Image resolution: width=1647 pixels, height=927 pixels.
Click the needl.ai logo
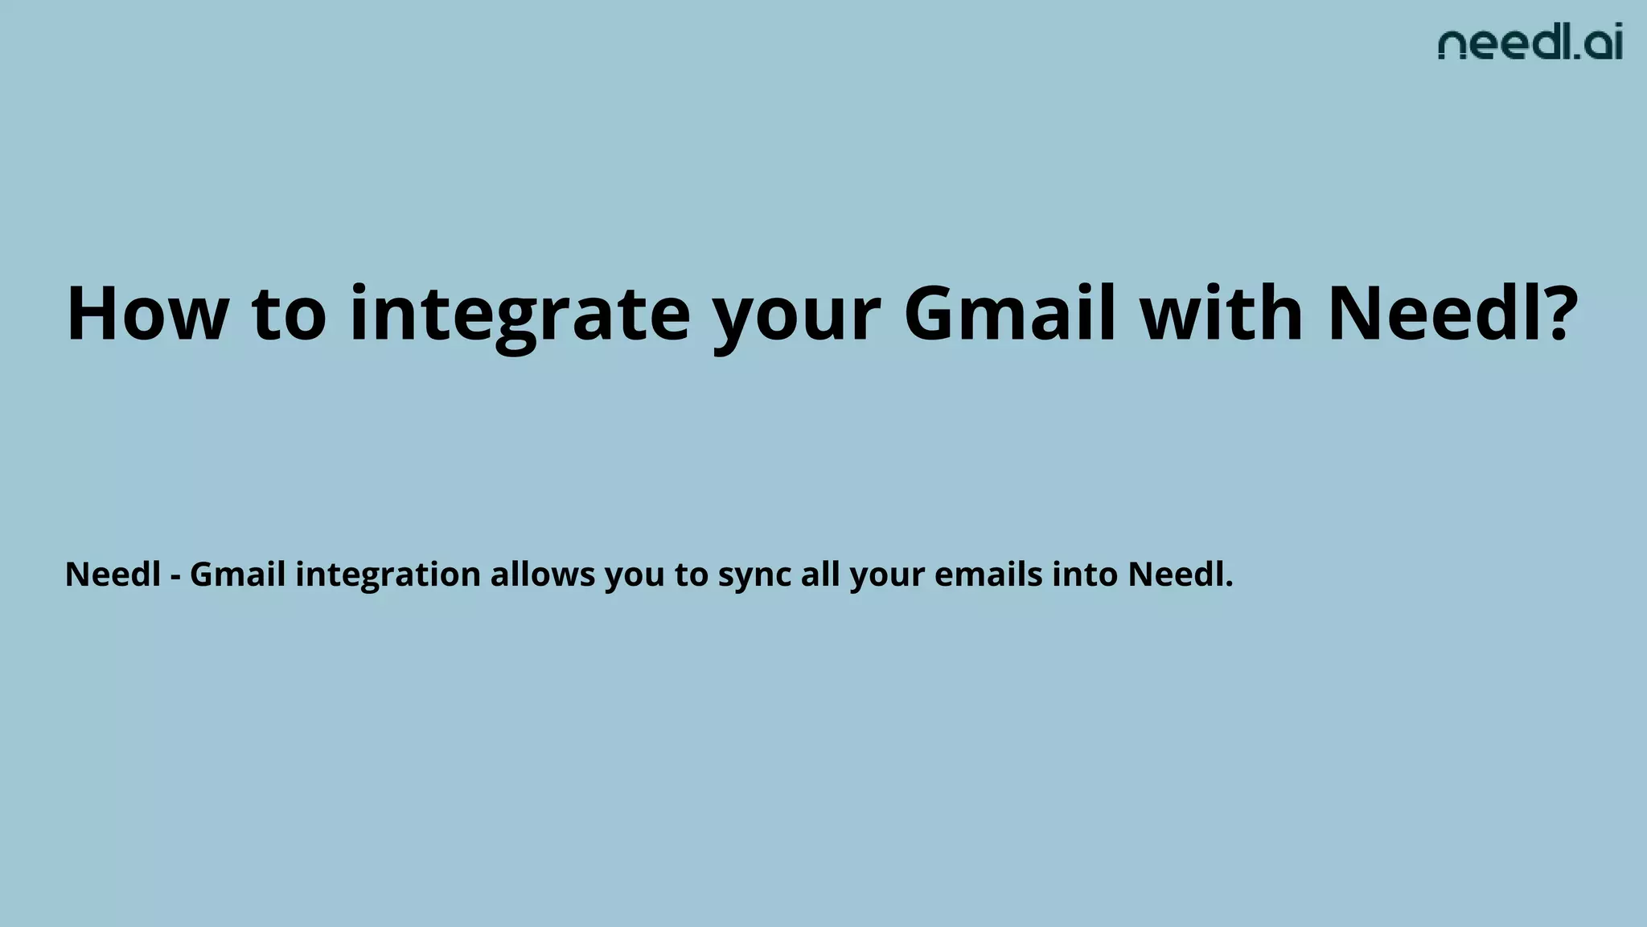[1530, 43]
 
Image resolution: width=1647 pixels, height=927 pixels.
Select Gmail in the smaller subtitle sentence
[237, 575]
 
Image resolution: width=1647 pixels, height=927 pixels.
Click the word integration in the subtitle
[388, 575]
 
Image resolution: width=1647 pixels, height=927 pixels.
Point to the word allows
[542, 575]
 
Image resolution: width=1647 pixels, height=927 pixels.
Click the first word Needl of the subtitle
[113, 575]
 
